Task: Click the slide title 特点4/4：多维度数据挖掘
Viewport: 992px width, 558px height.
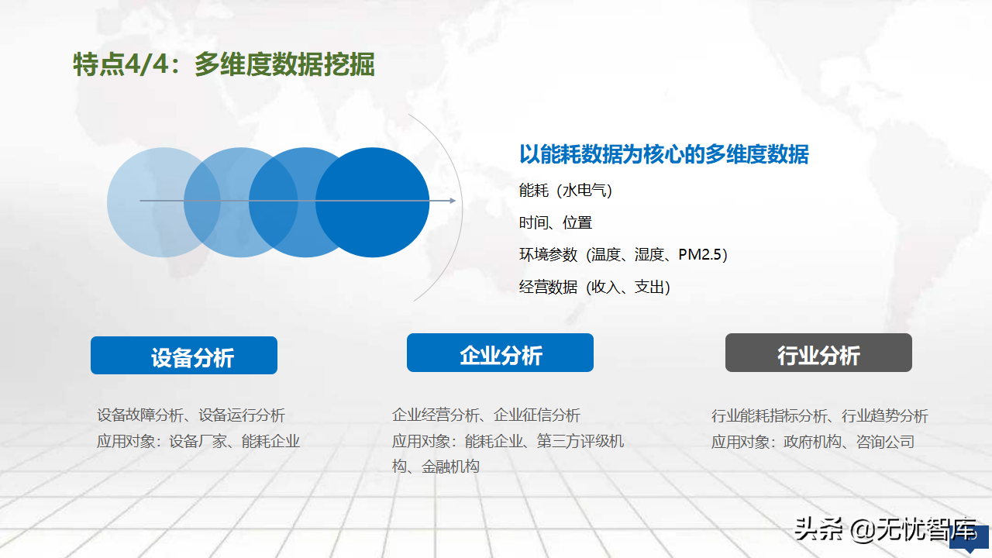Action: coord(224,64)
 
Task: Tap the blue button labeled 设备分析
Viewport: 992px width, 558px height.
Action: coord(184,355)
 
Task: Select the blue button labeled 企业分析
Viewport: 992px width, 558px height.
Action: coord(500,353)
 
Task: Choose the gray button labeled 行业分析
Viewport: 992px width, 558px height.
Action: coord(818,353)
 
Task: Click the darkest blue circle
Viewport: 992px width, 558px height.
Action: coord(372,202)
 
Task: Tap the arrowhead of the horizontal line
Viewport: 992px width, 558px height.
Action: coord(453,201)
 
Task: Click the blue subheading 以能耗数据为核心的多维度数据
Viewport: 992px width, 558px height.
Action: coord(664,154)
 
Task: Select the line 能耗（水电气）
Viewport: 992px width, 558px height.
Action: coord(566,191)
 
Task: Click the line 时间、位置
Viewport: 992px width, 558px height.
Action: coord(556,222)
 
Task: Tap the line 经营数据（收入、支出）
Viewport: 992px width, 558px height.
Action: coord(594,287)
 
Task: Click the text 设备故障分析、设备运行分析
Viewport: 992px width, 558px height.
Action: coord(191,415)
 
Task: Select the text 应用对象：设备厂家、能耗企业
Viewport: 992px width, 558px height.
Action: coord(198,441)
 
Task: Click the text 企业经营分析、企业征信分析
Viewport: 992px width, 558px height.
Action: coord(486,415)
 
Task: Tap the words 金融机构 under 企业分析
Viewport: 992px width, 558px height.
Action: coord(450,467)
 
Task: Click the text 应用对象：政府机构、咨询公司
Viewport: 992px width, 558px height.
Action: coord(813,442)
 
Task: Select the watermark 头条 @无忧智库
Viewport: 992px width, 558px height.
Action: coord(885,529)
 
